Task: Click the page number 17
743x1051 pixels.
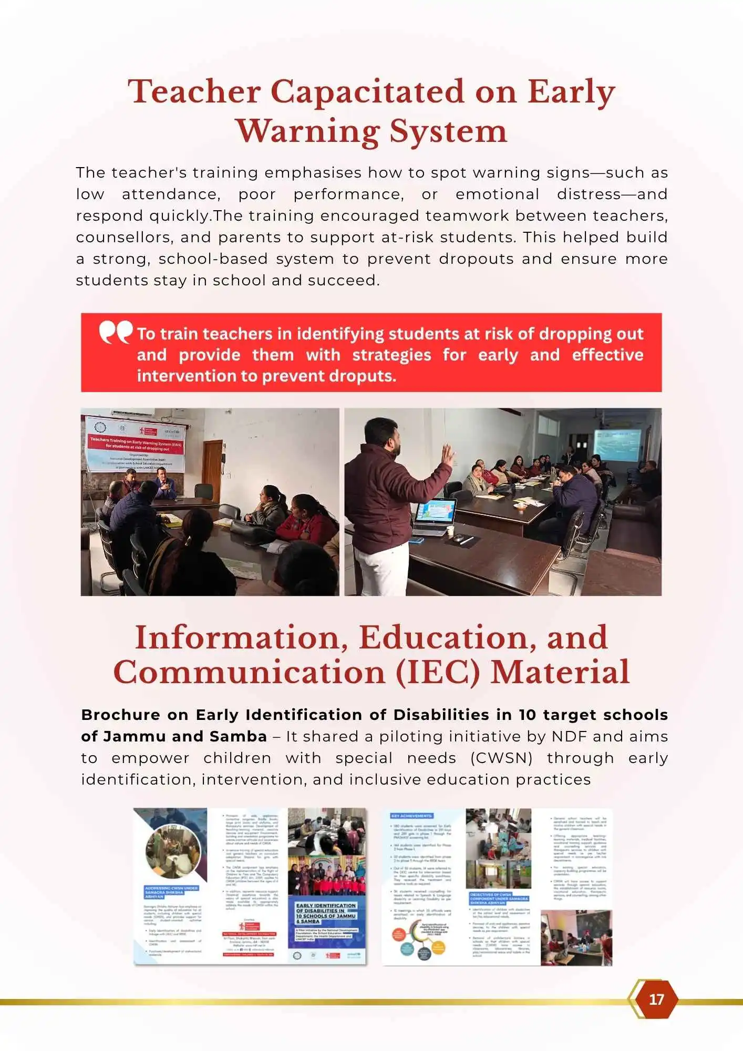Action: point(656,999)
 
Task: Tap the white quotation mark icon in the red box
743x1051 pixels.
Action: point(116,332)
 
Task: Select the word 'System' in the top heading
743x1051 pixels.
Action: point(448,131)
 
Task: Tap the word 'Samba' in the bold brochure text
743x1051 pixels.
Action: point(238,736)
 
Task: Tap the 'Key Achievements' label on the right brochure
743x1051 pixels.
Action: point(411,816)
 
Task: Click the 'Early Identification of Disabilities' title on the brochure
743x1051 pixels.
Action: point(326,913)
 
